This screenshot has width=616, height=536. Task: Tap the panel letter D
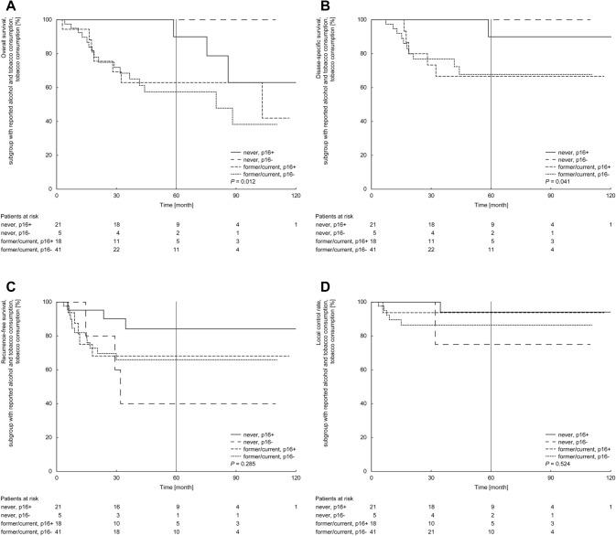click(324, 284)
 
